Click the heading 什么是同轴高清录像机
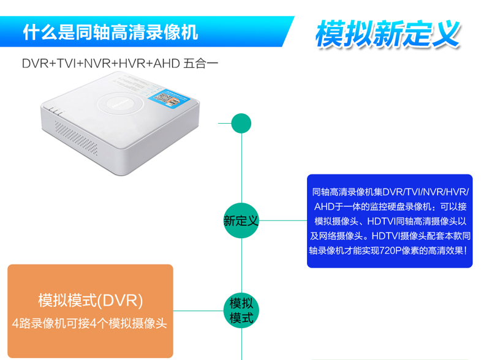[110, 32]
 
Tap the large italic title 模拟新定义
[388, 34]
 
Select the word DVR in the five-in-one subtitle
[36, 64]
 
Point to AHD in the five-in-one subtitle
[167, 64]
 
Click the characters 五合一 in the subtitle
[200, 64]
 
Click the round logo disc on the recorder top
[120, 104]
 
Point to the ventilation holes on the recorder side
[76, 138]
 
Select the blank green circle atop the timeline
[241, 124]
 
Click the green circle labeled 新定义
[241, 220]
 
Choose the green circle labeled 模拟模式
[241, 310]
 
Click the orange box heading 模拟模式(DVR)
[91, 300]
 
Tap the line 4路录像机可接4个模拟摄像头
[89, 323]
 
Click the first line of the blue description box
[390, 192]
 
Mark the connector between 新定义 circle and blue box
[283, 220]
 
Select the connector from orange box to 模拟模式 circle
[198, 310]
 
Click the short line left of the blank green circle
[225, 124]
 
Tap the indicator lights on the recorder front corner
[56, 111]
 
